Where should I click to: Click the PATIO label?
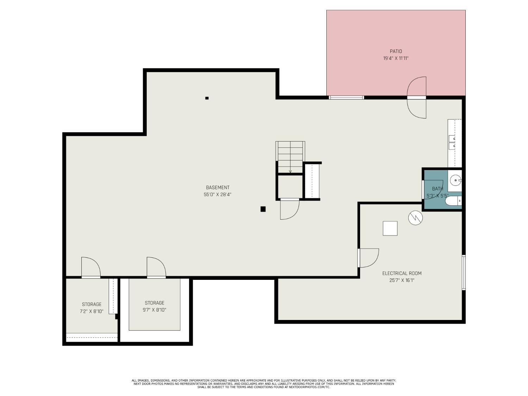pyautogui.click(x=396, y=51)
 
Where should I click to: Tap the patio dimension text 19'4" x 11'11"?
pyautogui.click(x=396, y=58)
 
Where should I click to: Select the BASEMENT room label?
pyautogui.click(x=218, y=188)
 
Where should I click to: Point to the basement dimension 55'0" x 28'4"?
pyautogui.click(x=218, y=194)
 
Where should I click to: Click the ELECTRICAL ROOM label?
pyautogui.click(x=402, y=274)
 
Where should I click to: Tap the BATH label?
pyautogui.click(x=437, y=189)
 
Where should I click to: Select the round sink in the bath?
pyautogui.click(x=456, y=181)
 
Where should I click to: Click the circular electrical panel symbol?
pyautogui.click(x=415, y=218)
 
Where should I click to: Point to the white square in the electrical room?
pyautogui.click(x=390, y=228)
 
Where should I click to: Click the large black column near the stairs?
pyautogui.click(x=263, y=209)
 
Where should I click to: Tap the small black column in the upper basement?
pyautogui.click(x=207, y=98)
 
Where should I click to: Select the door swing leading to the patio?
pyautogui.click(x=417, y=98)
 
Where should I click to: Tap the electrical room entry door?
pyautogui.click(x=368, y=258)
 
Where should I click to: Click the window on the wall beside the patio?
pyautogui.click(x=346, y=98)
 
